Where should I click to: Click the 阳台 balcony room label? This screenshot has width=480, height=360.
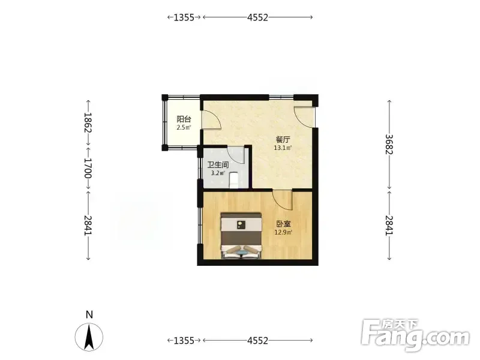click(184, 119)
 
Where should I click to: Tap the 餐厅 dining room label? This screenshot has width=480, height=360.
click(283, 140)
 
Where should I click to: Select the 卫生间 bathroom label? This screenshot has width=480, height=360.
click(218, 165)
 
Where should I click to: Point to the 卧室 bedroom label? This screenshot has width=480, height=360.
click(283, 224)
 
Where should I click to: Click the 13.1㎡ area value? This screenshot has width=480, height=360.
click(283, 148)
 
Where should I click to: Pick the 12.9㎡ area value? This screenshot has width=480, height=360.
click(283, 232)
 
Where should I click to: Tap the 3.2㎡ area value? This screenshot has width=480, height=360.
click(218, 173)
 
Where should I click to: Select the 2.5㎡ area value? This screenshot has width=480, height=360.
click(184, 127)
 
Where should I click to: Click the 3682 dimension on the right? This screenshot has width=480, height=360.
click(389, 144)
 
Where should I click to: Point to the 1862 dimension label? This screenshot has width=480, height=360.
click(88, 122)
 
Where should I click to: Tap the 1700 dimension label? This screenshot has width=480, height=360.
click(88, 168)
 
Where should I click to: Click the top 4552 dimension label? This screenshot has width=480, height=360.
click(258, 17)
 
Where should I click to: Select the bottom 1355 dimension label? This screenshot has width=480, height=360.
click(184, 340)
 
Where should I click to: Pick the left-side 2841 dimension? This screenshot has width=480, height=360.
click(88, 226)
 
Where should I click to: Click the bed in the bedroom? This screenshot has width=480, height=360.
click(242, 236)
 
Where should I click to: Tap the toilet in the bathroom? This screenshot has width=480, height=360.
click(233, 181)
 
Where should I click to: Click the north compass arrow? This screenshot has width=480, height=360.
click(89, 337)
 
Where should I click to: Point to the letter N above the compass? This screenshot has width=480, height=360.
click(89, 314)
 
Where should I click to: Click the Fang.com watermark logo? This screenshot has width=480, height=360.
click(415, 335)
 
